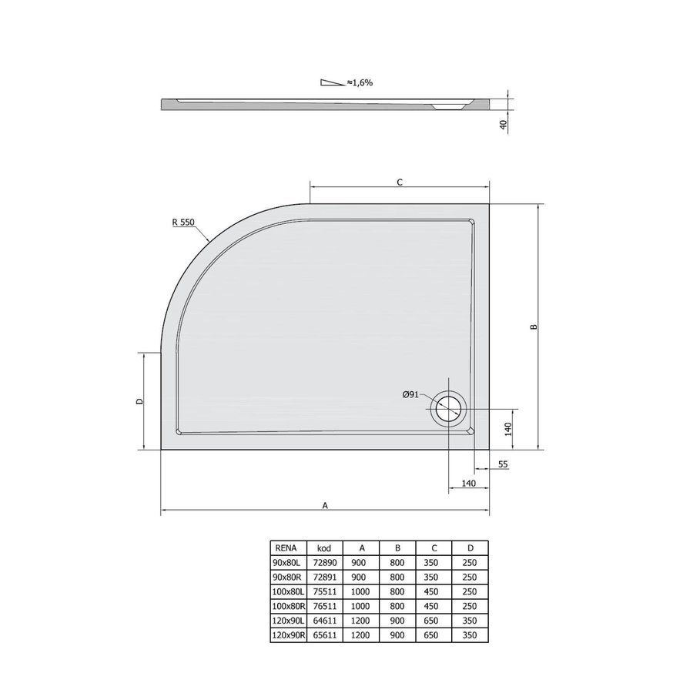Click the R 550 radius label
185,223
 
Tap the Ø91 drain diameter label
410,394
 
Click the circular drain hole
448,407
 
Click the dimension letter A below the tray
325,506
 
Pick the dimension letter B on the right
533,326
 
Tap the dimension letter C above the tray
399,182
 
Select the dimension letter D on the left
139,401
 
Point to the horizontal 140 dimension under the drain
469,483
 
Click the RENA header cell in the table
283,547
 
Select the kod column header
324,547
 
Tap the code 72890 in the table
324,562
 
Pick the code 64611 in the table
324,621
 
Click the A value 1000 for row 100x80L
360,591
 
